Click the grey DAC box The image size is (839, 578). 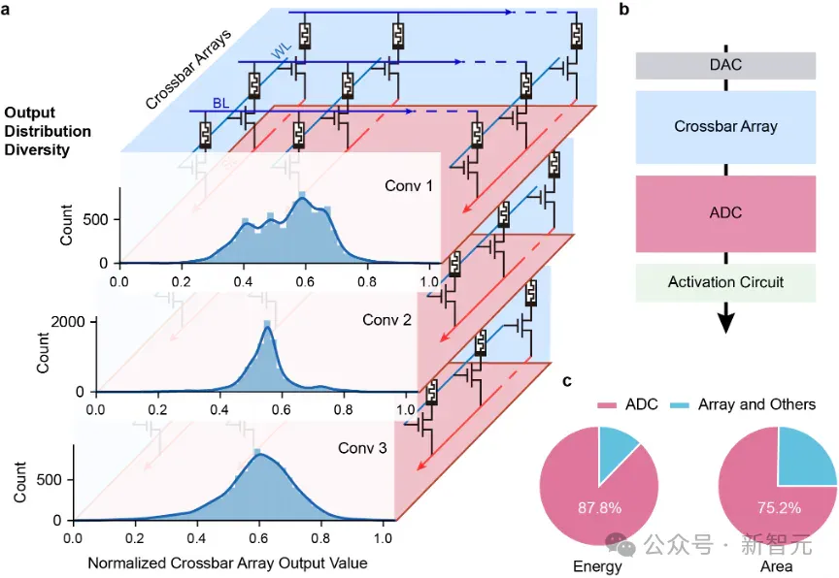[725, 65]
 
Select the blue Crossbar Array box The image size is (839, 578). [725, 127]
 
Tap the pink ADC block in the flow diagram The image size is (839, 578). [725, 213]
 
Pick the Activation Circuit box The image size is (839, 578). [725, 282]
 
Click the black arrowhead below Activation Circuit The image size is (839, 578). [726, 322]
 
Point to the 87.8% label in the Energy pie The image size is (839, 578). [599, 507]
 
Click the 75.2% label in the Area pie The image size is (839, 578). [779, 507]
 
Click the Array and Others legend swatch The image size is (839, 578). [680, 405]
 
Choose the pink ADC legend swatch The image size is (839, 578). [607, 405]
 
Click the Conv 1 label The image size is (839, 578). [409, 186]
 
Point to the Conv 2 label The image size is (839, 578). [386, 320]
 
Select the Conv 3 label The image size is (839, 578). [362, 448]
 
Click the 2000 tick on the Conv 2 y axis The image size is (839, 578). [68, 322]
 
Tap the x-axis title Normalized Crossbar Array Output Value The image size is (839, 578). [227, 563]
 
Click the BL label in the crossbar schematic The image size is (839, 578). [221, 103]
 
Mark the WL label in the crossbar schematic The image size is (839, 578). [282, 50]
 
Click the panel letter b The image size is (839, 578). [623, 9]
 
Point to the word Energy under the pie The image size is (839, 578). [597, 566]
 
